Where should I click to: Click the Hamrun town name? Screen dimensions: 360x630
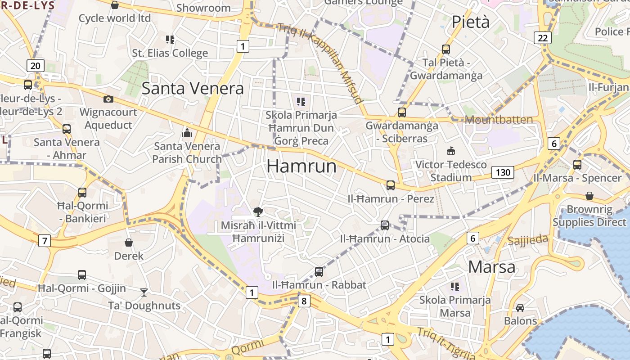pyautogui.click(x=301, y=166)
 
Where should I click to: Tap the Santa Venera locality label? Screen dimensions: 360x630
pyautogui.click(x=193, y=88)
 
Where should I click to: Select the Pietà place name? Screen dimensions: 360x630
pyautogui.click(x=470, y=22)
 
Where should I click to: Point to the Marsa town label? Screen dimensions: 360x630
pyautogui.click(x=491, y=267)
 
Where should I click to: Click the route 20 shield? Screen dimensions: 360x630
pyautogui.click(x=36, y=66)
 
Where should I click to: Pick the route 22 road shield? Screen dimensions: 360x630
pyautogui.click(x=543, y=38)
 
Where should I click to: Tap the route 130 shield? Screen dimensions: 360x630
pyautogui.click(x=503, y=172)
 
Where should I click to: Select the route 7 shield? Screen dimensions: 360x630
pyautogui.click(x=44, y=241)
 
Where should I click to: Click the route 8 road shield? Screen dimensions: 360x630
pyautogui.click(x=304, y=301)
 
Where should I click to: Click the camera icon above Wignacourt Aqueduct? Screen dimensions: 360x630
pyautogui.click(x=108, y=99)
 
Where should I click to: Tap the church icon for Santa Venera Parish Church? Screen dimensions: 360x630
pyautogui.click(x=187, y=133)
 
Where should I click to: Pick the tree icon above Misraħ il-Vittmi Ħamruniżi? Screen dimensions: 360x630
pyautogui.click(x=258, y=211)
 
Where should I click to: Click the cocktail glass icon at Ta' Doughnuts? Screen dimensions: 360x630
pyautogui.click(x=144, y=292)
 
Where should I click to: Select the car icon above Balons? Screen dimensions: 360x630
pyautogui.click(x=520, y=308)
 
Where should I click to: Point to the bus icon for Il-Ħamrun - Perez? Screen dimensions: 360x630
pyautogui.click(x=391, y=185)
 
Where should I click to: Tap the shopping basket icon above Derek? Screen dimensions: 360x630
pyautogui.click(x=129, y=243)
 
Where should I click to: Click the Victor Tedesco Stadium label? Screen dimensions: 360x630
pyautogui.click(x=451, y=171)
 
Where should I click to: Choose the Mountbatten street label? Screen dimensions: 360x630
pyautogui.click(x=499, y=120)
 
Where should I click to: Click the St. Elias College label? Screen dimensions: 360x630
pyautogui.click(x=170, y=53)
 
